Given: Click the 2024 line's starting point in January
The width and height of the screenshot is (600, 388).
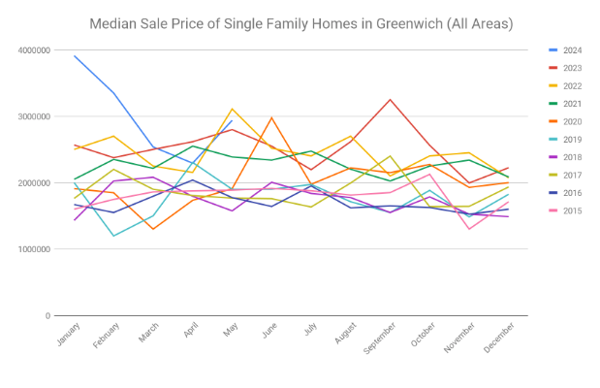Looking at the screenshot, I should point(76,55).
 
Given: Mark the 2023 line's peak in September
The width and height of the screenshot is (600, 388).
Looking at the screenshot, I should point(390,100).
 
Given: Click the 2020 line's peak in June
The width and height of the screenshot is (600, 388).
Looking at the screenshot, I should point(272,117).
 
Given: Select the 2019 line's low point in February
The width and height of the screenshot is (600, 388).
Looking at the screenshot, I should point(114,236).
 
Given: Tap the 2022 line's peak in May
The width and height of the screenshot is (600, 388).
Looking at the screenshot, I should point(233,109).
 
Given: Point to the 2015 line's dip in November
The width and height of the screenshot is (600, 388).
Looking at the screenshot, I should point(469,229).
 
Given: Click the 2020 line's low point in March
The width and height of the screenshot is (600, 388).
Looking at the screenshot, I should point(154,229).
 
